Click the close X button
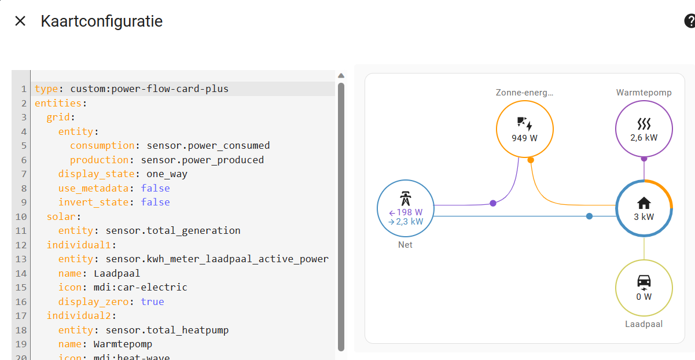(20, 21)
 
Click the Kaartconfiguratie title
(101, 21)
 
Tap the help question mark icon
(690, 21)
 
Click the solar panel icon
(524, 123)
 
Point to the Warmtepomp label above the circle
(643, 93)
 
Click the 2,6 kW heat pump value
(643, 138)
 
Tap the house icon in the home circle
(643, 203)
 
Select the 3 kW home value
(643, 218)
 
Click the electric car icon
(643, 282)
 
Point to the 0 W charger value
(643, 297)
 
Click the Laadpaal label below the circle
(643, 324)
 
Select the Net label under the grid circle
(405, 245)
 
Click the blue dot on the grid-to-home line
(589, 216)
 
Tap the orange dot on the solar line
(531, 160)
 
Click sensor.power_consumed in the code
(208, 145)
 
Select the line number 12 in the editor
(21, 245)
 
